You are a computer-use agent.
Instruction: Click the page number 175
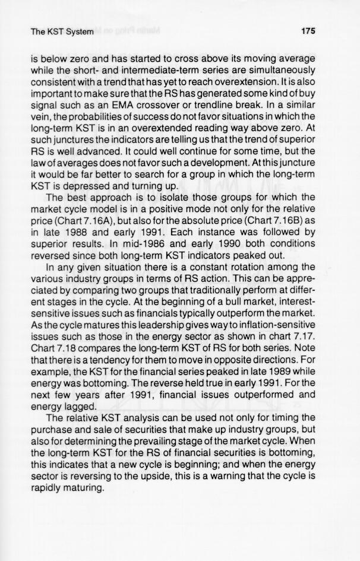coord(308,31)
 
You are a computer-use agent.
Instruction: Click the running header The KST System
coord(62,31)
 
